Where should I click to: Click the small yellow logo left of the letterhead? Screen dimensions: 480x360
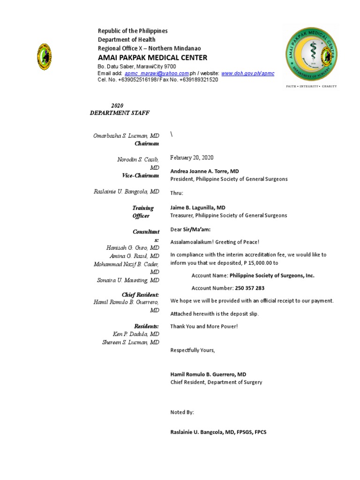(45, 57)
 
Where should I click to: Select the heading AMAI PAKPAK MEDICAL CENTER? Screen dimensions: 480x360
(152, 58)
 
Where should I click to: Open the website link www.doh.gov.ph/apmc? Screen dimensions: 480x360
(247, 74)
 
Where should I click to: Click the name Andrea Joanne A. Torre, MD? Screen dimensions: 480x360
(204, 172)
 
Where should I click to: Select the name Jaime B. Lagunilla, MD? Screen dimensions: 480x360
(198, 207)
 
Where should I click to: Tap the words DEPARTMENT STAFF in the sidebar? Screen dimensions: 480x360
(120, 113)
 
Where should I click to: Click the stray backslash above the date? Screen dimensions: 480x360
(172, 134)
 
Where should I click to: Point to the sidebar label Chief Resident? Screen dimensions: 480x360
(140, 294)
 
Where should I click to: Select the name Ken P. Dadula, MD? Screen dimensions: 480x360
(136, 334)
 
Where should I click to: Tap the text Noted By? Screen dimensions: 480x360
(182, 412)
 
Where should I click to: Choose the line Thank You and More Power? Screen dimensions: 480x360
(204, 326)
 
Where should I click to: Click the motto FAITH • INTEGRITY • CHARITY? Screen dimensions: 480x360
(311, 86)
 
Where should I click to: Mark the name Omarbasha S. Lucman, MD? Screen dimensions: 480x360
(126, 135)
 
